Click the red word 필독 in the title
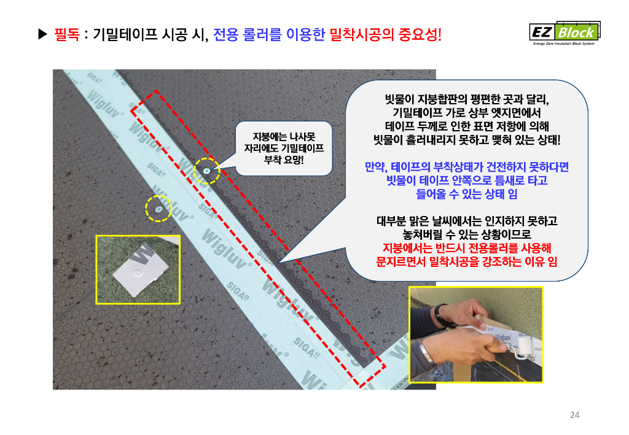67,35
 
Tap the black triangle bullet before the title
42,34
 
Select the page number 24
574,415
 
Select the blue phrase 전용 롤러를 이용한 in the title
269,35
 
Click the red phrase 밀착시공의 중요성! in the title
386,35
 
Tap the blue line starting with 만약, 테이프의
467,167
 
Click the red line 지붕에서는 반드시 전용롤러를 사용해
467,248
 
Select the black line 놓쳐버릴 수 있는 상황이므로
467,234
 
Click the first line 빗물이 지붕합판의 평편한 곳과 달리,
467,99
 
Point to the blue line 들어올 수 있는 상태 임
467,194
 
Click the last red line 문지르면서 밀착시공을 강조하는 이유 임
467,261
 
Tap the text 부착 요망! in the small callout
284,160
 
